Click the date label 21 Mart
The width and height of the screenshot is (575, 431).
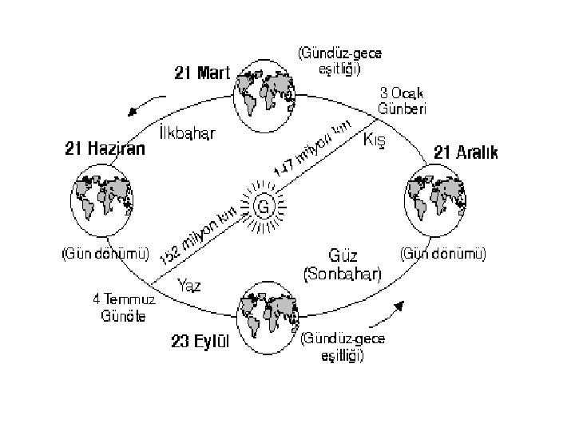[x=202, y=73]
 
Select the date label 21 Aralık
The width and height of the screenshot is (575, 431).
[x=466, y=152]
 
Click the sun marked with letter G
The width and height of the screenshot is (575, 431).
[x=262, y=207]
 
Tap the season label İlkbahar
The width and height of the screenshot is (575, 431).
[x=188, y=131]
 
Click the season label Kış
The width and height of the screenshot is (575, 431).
[x=375, y=140]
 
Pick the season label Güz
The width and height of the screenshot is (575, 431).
[x=343, y=257]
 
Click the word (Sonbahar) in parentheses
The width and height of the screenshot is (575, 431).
[x=344, y=273]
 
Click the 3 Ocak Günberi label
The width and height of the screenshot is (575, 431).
[x=404, y=101]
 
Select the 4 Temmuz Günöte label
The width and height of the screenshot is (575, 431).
[x=124, y=307]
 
